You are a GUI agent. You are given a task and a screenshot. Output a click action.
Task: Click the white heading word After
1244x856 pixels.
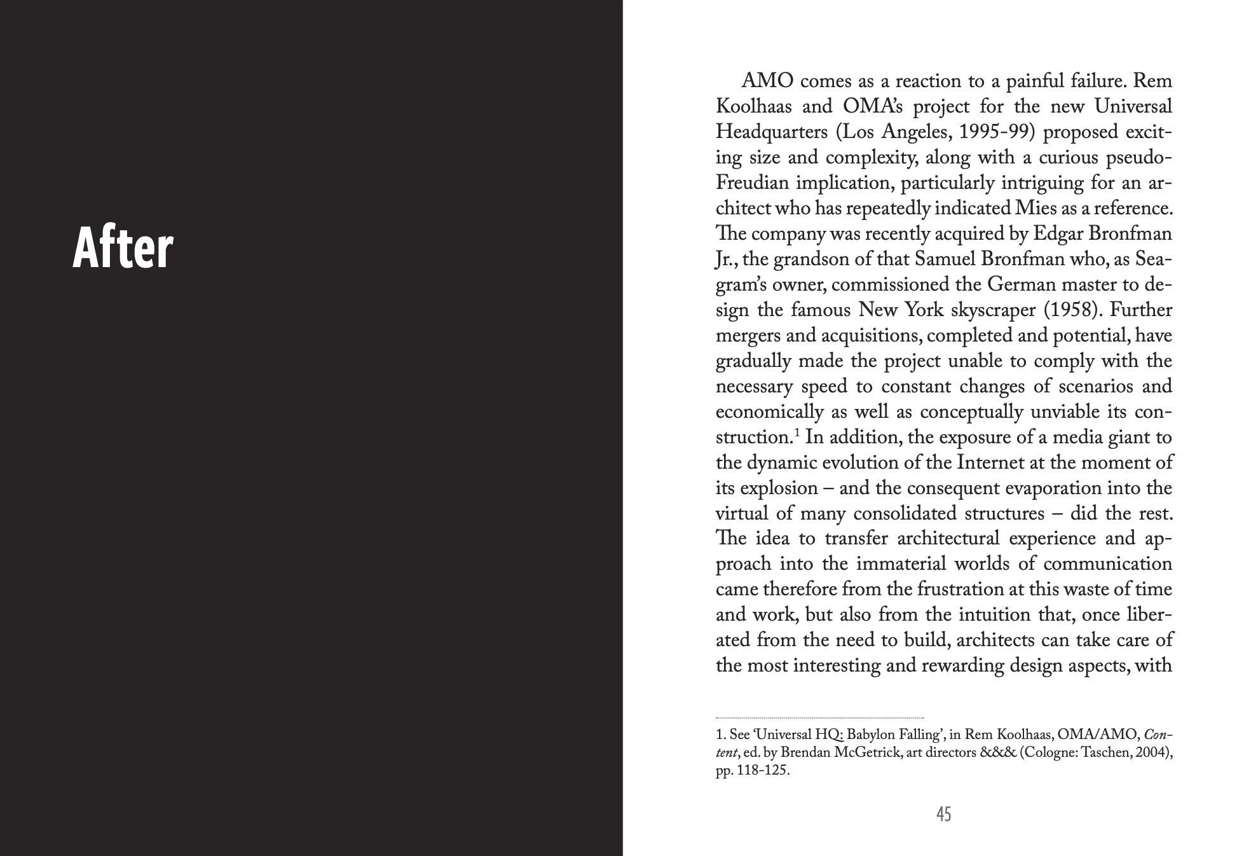coord(123,249)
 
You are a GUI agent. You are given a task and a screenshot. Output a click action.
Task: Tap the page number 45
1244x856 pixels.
coord(943,813)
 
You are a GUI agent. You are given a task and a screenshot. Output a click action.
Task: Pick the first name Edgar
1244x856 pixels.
coord(1058,234)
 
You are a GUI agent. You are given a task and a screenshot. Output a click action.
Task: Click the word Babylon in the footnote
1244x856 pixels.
coord(871,735)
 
